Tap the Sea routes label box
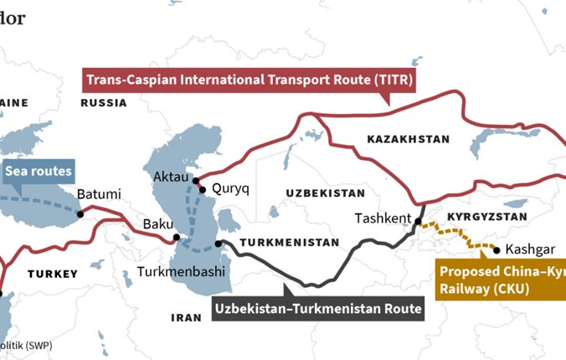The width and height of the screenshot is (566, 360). (x=39, y=173)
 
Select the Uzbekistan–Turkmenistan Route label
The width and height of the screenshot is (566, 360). (x=318, y=307)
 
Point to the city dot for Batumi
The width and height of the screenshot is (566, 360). (x=80, y=213)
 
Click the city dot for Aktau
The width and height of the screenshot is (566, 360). (x=195, y=180)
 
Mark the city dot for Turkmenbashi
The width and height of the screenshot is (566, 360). (x=218, y=244)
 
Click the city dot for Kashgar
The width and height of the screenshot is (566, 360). (x=498, y=249)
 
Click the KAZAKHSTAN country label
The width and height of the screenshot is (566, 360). (x=397, y=139)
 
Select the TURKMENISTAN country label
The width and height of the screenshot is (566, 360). (x=289, y=243)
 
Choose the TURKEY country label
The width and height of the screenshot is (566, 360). (x=52, y=274)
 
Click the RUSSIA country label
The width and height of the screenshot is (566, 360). (x=103, y=103)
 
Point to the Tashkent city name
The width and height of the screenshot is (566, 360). (x=382, y=219)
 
